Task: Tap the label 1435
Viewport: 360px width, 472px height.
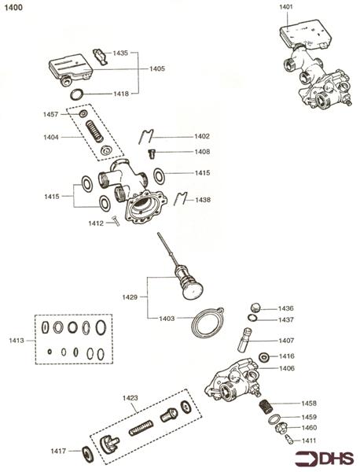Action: click(120, 53)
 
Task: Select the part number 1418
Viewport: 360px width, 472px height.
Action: click(120, 93)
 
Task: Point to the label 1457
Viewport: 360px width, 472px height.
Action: click(50, 115)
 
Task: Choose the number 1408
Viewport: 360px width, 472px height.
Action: click(202, 152)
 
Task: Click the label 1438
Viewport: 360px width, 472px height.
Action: click(203, 200)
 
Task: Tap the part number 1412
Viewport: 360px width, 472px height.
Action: click(96, 223)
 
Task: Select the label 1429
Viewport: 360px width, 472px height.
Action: click(130, 297)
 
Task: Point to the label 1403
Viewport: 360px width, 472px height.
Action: click(166, 318)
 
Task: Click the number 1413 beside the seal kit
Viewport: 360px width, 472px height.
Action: click(17, 341)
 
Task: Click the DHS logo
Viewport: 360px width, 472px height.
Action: click(325, 458)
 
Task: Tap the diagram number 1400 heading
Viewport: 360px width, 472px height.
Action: click(14, 6)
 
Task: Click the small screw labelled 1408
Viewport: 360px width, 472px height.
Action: click(153, 152)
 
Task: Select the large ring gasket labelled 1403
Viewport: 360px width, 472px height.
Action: click(208, 323)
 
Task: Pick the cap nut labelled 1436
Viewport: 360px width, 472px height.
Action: click(255, 307)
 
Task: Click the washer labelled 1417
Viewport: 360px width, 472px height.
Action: click(86, 452)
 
